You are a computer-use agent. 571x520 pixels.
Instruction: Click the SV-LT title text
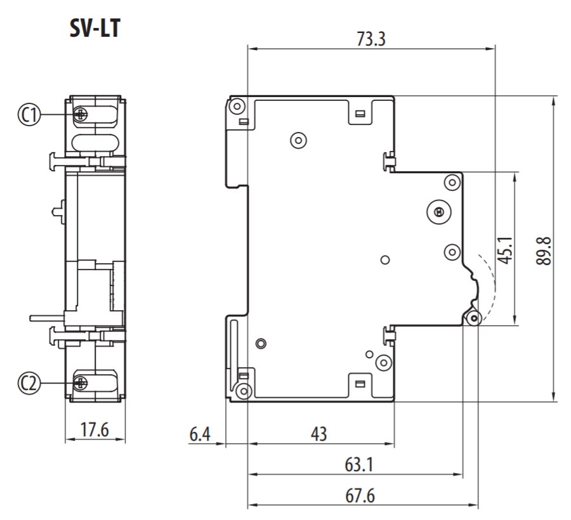point(95,28)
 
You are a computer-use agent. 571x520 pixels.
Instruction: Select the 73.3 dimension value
point(371,39)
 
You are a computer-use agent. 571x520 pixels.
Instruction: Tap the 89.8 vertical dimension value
point(544,250)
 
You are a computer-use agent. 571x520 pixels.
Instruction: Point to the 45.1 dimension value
point(506,250)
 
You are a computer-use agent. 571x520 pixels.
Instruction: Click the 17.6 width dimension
point(95,430)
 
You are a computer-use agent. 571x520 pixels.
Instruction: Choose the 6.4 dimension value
point(200,434)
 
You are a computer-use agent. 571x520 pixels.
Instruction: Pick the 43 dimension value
point(319,434)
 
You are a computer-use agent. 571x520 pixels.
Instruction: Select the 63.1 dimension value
point(359,465)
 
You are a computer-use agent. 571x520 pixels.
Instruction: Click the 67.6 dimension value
point(360,496)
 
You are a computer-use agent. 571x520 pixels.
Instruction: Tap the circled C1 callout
point(29,115)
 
